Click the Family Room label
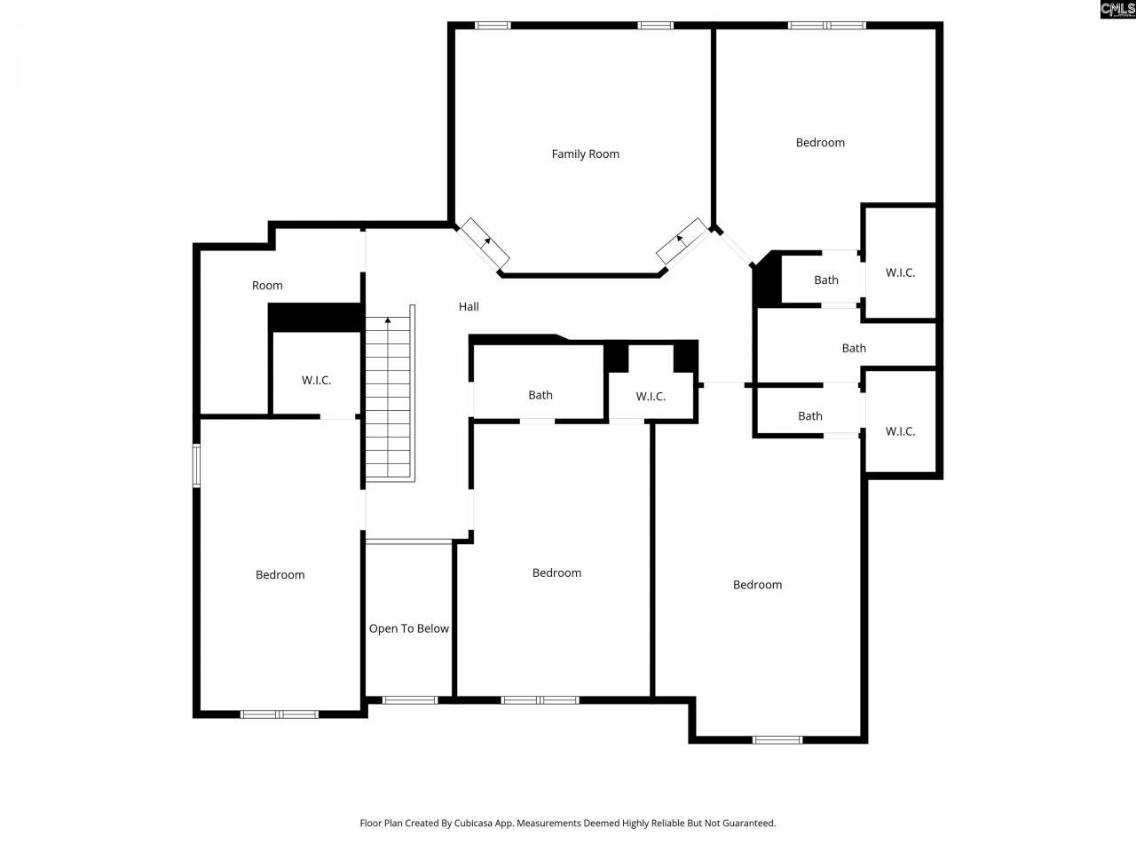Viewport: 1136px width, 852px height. pyautogui.click(x=585, y=154)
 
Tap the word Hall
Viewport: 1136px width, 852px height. pyautogui.click(x=469, y=306)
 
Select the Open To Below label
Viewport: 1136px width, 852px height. pyautogui.click(x=408, y=628)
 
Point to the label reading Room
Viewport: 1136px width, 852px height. pyautogui.click(x=267, y=285)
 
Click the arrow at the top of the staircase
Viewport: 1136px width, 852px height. pyautogui.click(x=388, y=320)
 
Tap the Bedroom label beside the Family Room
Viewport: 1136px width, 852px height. pyautogui.click(x=820, y=142)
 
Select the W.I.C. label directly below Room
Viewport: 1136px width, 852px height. pyautogui.click(x=316, y=380)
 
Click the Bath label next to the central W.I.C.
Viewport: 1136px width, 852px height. pyautogui.click(x=540, y=395)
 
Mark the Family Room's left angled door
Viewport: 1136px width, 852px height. pyautogui.click(x=484, y=243)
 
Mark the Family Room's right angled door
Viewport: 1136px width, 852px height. pyautogui.click(x=682, y=241)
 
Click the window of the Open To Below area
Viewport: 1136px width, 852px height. pyautogui.click(x=409, y=700)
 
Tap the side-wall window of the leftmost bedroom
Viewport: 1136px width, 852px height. pyautogui.click(x=197, y=465)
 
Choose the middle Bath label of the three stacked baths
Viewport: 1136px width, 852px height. pyautogui.click(x=854, y=348)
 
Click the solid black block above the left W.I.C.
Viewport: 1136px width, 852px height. pyautogui.click(x=315, y=317)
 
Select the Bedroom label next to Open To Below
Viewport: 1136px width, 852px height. pyautogui.click(x=556, y=572)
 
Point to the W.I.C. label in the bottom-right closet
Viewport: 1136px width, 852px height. pyautogui.click(x=900, y=431)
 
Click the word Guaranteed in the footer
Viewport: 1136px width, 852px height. pyautogui.click(x=747, y=823)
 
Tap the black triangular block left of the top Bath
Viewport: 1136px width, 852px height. pyautogui.click(x=766, y=280)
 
